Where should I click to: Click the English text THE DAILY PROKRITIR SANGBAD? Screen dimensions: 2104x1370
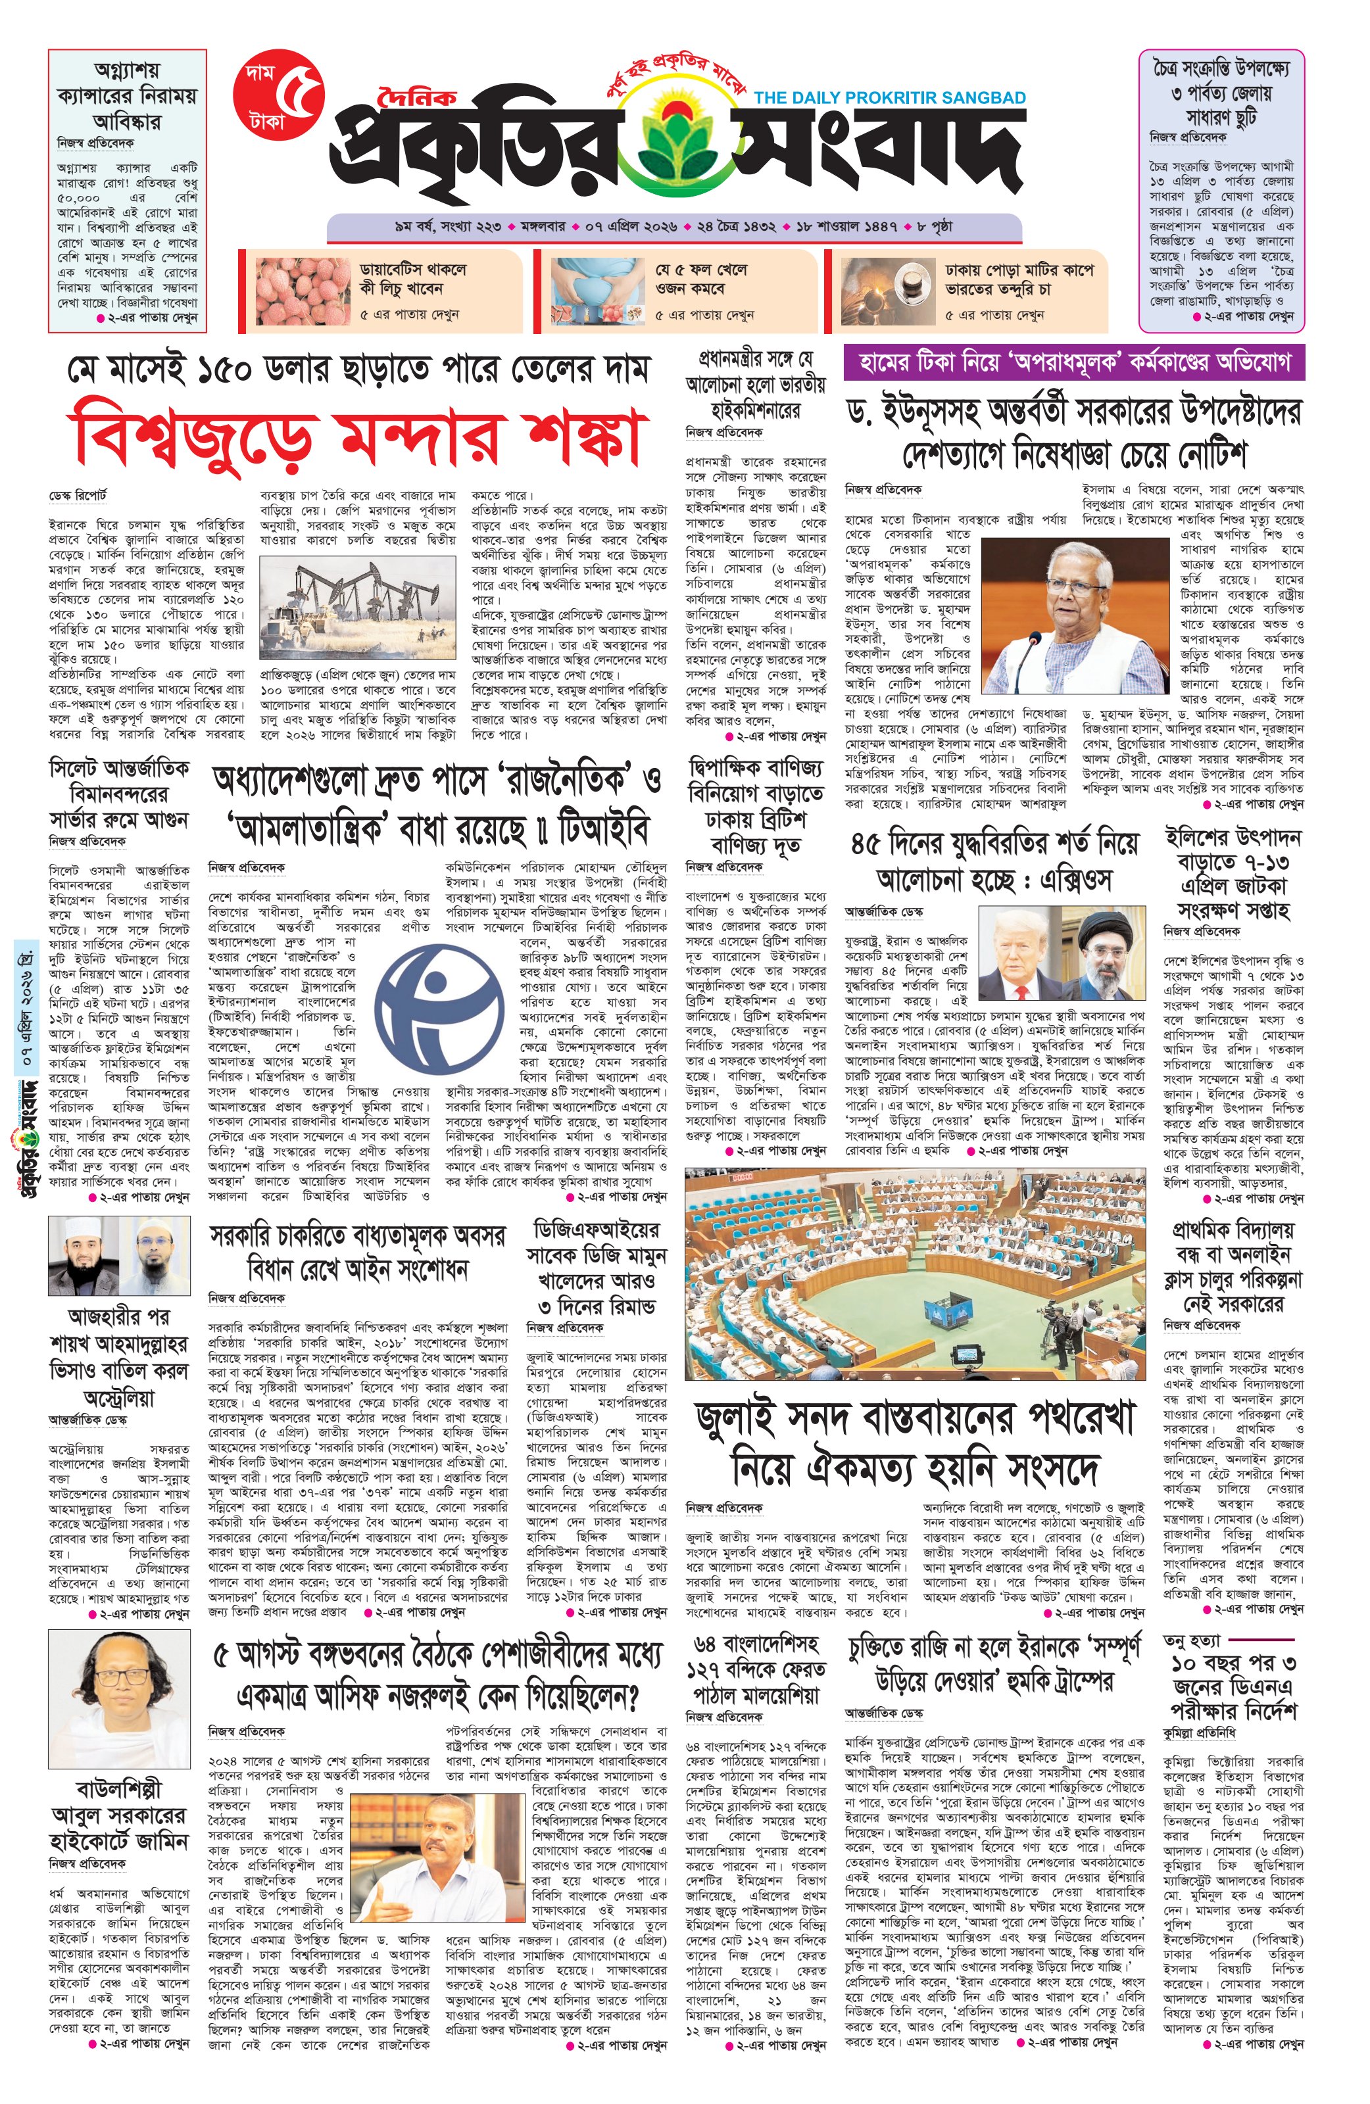(890, 97)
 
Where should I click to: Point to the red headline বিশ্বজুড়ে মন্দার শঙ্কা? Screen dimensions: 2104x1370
(356, 435)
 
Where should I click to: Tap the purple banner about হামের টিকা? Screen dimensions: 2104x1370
(1074, 362)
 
